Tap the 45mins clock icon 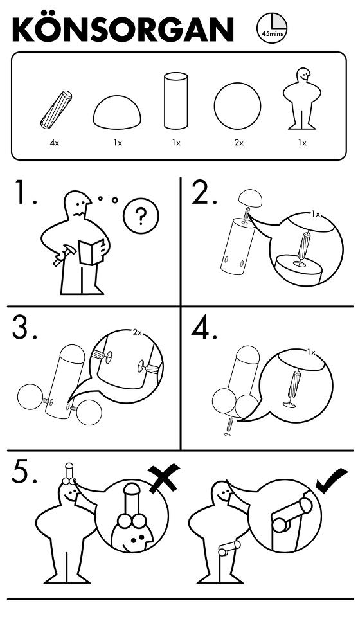[272, 28]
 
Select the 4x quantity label [54, 143]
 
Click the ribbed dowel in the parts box [57, 110]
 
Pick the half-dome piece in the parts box [117, 112]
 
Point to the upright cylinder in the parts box [175, 101]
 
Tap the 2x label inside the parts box [239, 143]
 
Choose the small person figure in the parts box [301, 98]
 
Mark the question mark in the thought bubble [141, 216]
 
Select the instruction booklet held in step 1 [92, 252]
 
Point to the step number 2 [203, 192]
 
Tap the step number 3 [24, 327]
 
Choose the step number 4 [204, 327]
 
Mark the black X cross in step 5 [165, 478]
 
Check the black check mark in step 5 [332, 481]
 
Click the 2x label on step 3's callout [137, 333]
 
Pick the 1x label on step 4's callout [311, 353]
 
